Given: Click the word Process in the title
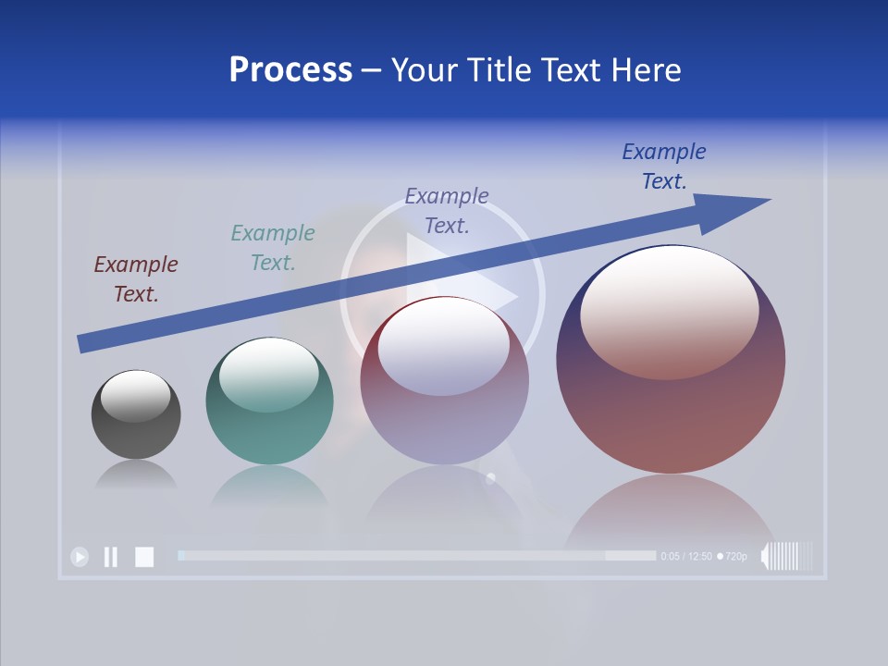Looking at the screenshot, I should (x=290, y=70).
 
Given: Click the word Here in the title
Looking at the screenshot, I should (x=647, y=70).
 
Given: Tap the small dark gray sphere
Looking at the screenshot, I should (x=136, y=414).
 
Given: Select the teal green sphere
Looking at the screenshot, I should (x=269, y=401).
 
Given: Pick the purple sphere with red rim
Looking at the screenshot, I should (x=444, y=380).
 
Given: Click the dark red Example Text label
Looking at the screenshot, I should (x=135, y=278).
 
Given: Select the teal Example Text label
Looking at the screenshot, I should (x=272, y=247).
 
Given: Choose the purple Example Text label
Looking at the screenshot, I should (x=447, y=210).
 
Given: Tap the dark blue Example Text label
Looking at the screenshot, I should (x=664, y=166).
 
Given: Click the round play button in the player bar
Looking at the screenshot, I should (x=80, y=557).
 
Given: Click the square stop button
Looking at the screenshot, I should (x=144, y=557).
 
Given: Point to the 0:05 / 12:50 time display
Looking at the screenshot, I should (x=686, y=557).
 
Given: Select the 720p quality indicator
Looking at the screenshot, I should (x=734, y=557).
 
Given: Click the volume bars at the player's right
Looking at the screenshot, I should (x=787, y=557).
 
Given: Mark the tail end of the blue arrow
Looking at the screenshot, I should (x=81, y=344).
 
